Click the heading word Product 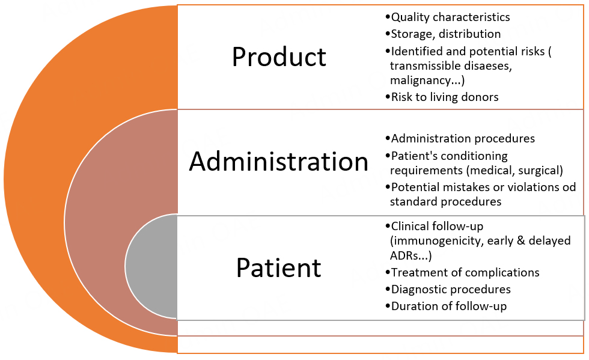click(x=279, y=57)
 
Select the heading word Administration click(x=279, y=162)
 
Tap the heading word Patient click(x=279, y=267)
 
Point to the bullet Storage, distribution click(x=445, y=34)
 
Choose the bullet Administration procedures click(x=462, y=138)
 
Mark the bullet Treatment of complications click(x=465, y=272)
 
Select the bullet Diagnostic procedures click(x=451, y=289)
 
